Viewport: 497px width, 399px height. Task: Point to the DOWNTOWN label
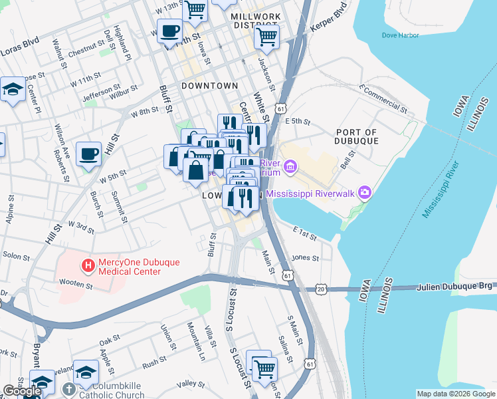pos(209,86)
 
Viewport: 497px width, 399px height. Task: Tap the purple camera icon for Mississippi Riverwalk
pos(364,193)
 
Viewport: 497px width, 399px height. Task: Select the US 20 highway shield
pos(321,289)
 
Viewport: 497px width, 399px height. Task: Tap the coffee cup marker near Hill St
pos(89,156)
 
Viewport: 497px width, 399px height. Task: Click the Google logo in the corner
pos(21,391)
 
